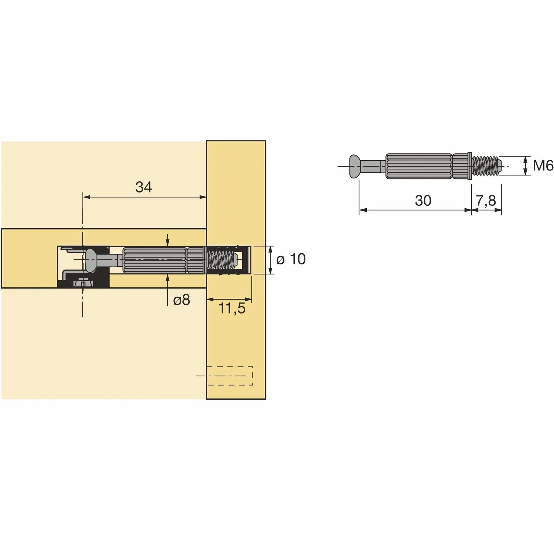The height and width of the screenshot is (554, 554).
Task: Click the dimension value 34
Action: click(x=143, y=187)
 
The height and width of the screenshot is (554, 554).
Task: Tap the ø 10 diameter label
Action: click(x=291, y=259)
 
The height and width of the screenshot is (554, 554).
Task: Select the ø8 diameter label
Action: click(x=181, y=300)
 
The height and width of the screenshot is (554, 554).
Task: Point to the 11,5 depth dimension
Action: click(x=232, y=308)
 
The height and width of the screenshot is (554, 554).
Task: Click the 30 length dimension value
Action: click(x=423, y=201)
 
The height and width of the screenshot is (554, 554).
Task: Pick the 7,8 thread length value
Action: click(x=486, y=201)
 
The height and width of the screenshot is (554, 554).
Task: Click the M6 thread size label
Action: click(x=543, y=166)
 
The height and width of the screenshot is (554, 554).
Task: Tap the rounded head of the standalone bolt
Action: click(x=355, y=166)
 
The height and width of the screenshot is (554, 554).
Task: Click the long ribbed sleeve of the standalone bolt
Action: click(x=419, y=166)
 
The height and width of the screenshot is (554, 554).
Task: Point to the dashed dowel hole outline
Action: click(x=230, y=376)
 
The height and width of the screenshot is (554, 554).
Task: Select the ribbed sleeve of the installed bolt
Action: click(x=154, y=260)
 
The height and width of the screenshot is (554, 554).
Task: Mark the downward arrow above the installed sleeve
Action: click(x=168, y=240)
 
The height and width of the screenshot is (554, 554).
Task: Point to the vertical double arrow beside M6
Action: click(x=525, y=166)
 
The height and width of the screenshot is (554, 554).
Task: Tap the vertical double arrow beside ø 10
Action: click(x=271, y=260)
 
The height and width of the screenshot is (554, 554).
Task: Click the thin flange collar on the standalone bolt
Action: click(x=470, y=166)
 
